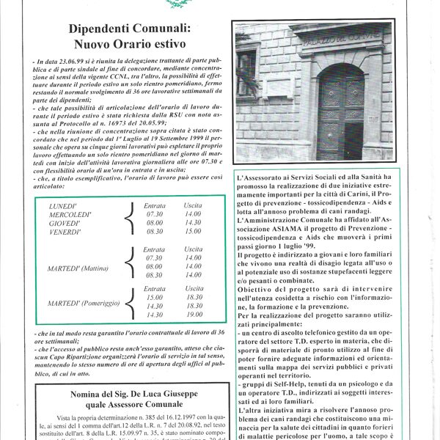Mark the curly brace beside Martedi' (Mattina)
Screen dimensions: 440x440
(x=127, y=269)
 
